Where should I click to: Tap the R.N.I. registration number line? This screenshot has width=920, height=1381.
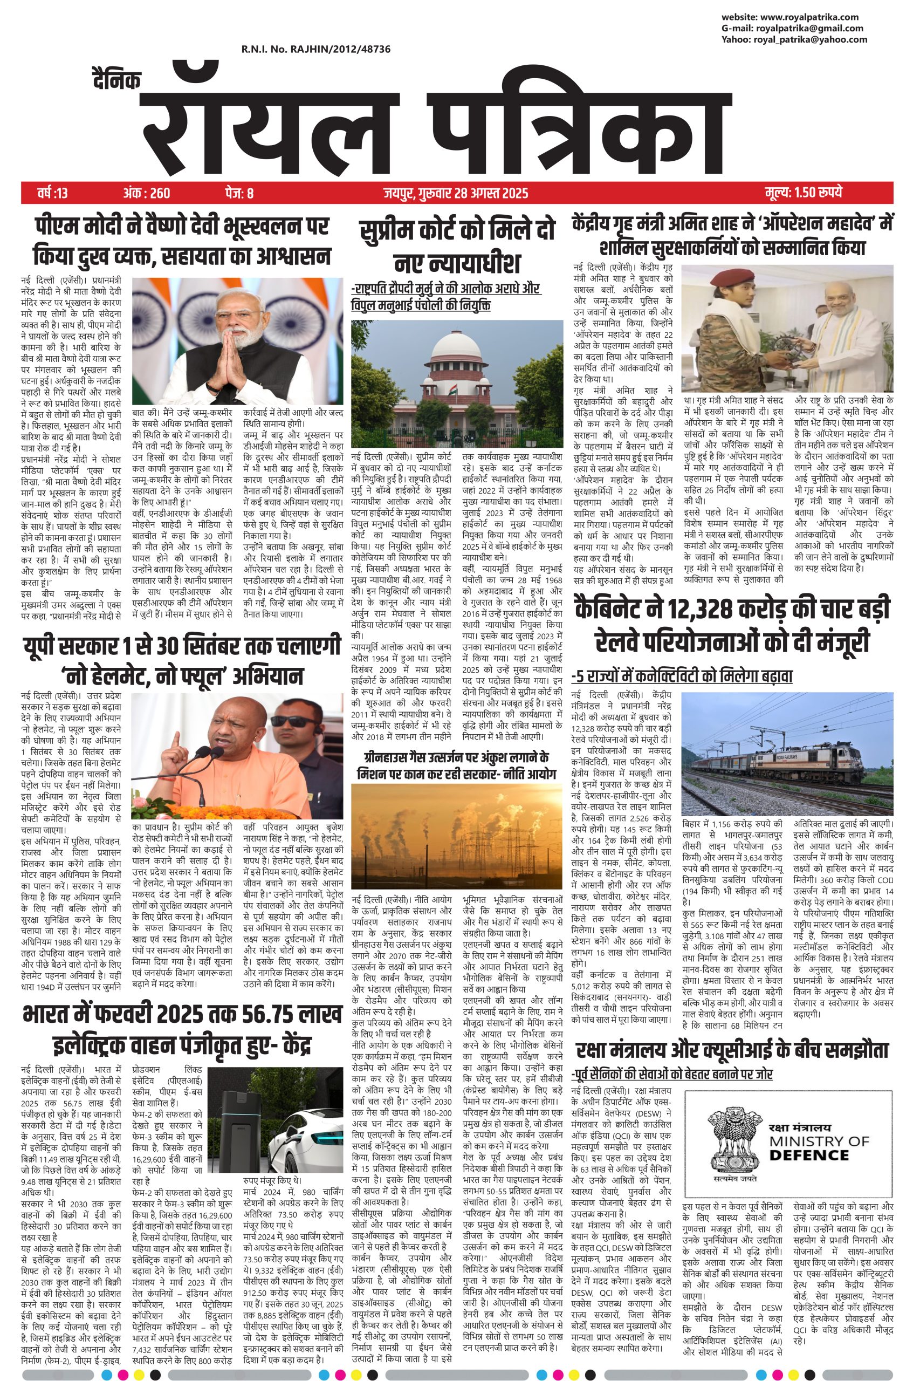click(315, 50)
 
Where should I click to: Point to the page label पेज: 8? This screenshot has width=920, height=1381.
click(239, 193)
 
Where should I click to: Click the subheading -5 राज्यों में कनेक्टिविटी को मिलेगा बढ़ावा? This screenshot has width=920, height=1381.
click(682, 676)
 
